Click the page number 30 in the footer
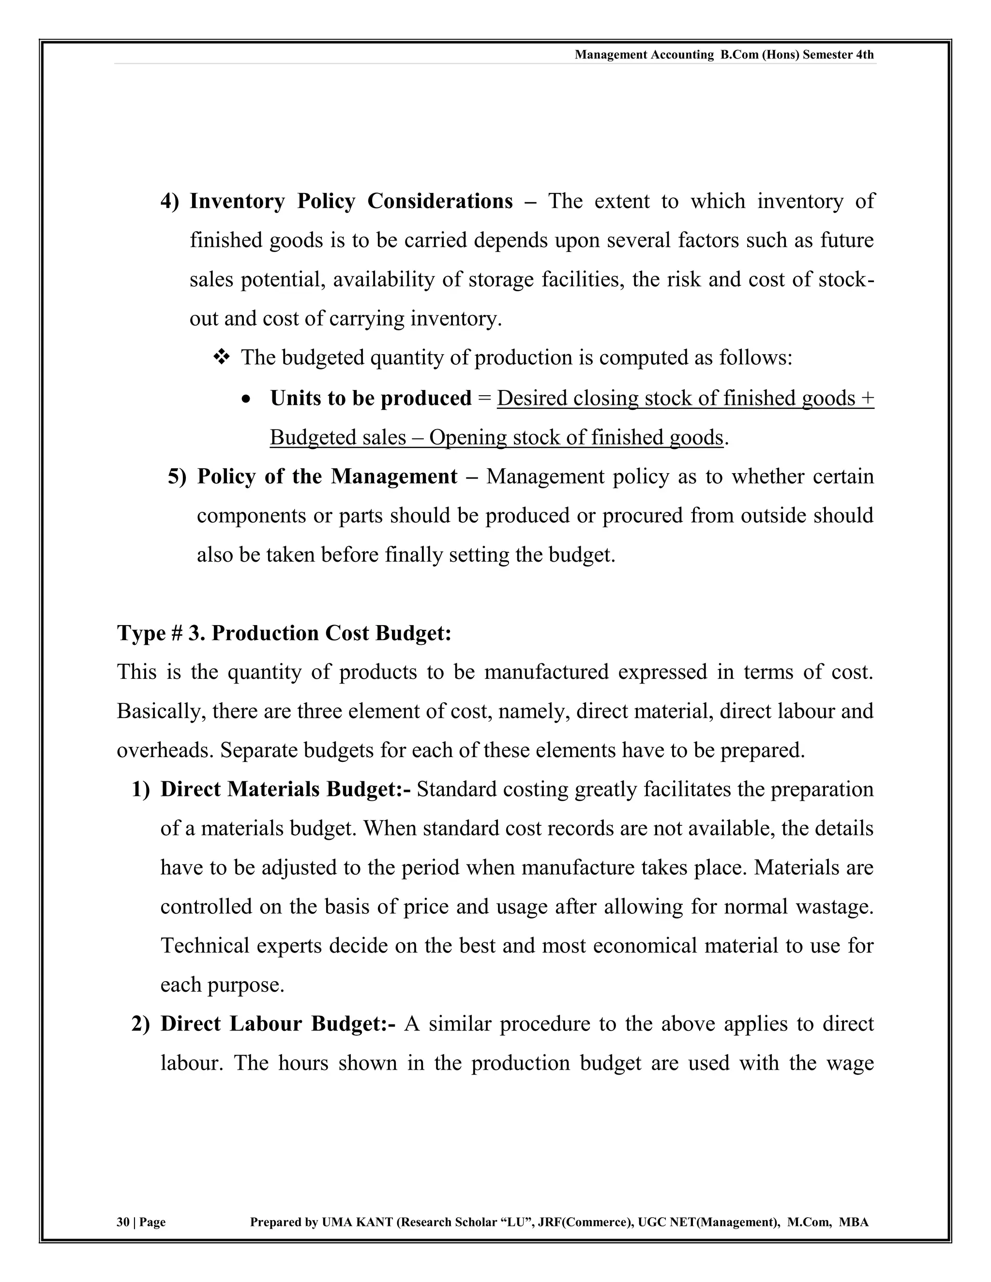click(x=123, y=1222)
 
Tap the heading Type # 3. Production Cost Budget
click(x=284, y=633)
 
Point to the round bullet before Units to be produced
click(x=247, y=399)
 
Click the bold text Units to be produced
click(x=371, y=398)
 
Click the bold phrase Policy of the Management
click(x=327, y=476)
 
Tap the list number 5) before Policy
click(x=177, y=476)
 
